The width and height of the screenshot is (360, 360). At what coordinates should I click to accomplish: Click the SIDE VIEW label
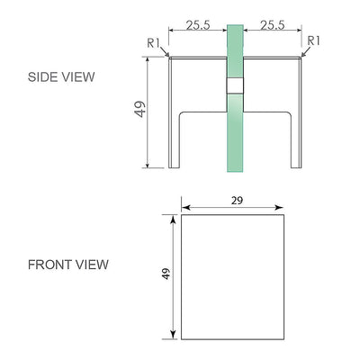pos(61,77)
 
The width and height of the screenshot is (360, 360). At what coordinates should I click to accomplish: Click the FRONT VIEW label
pos(68,265)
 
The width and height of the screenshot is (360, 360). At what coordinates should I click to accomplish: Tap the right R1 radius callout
pos(314,40)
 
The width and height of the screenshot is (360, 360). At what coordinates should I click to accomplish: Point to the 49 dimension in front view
pos(166,274)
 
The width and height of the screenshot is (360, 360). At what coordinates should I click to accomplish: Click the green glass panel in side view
pos(235,135)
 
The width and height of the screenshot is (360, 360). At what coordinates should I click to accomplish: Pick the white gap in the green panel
pos(235,85)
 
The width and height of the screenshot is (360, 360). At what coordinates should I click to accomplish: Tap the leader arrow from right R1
pos(302,55)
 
